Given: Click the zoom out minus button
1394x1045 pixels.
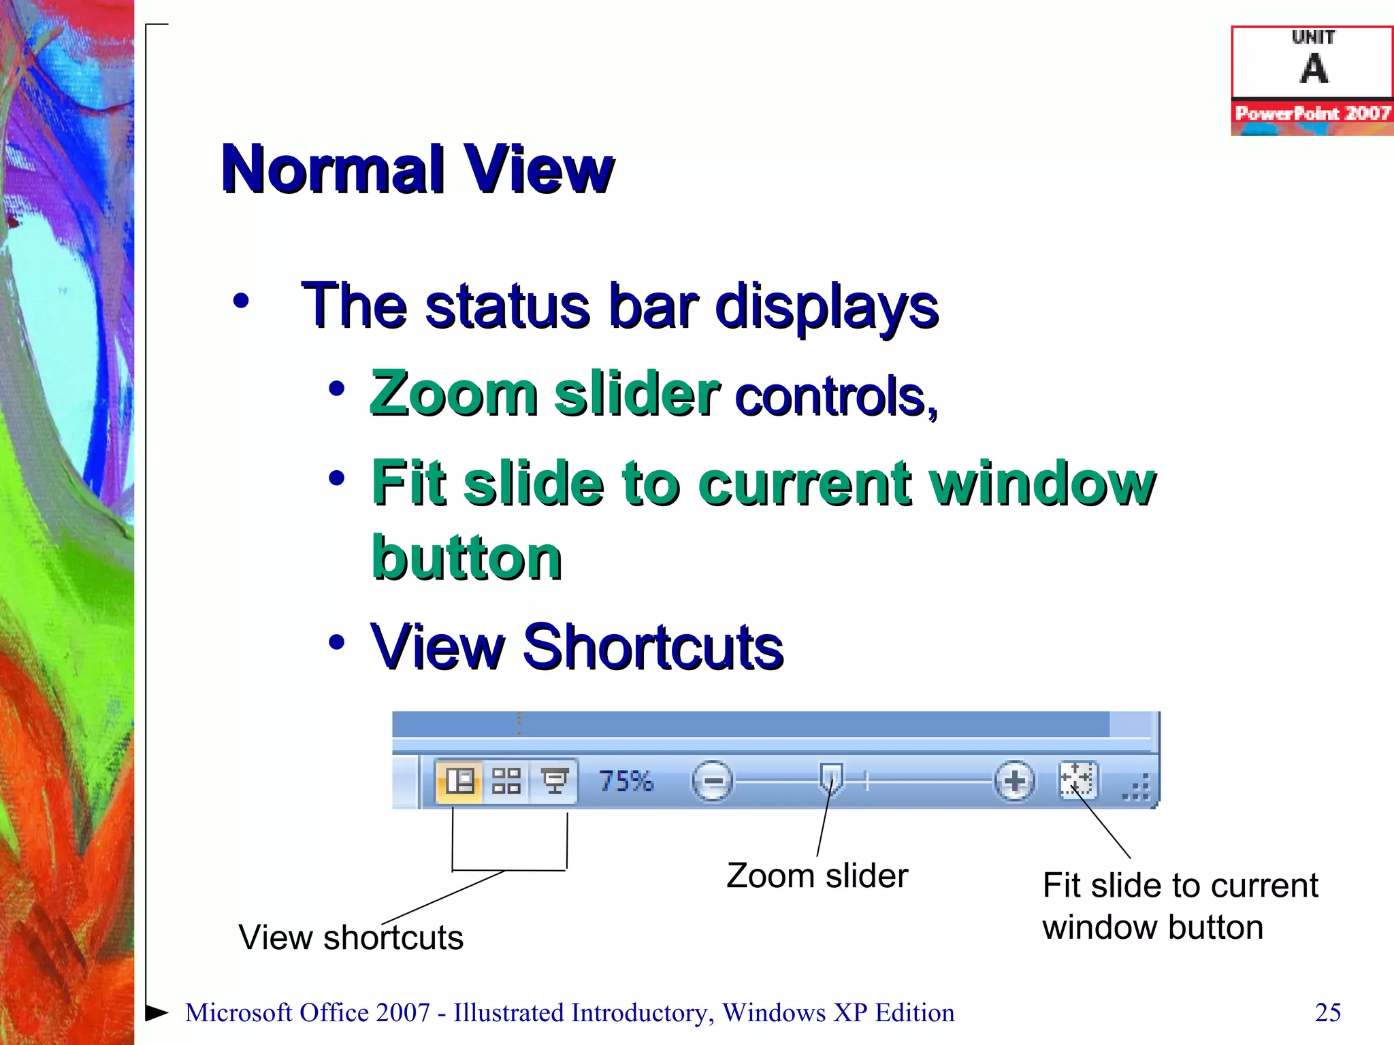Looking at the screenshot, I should pyautogui.click(x=712, y=781).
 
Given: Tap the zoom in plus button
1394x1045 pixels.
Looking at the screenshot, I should pyautogui.click(x=1014, y=781).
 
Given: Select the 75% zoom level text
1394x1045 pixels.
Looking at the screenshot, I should pyautogui.click(x=626, y=781).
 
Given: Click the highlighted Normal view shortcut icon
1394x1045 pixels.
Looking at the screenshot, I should pyautogui.click(x=459, y=781).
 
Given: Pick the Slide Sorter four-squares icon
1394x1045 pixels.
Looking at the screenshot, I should pyautogui.click(x=506, y=781).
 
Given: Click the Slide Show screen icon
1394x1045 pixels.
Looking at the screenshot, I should pyautogui.click(x=554, y=781).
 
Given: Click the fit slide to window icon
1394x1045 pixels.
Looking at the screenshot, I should pyautogui.click(x=1077, y=780).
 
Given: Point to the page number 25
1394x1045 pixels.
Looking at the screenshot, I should pyautogui.click(x=1327, y=1012).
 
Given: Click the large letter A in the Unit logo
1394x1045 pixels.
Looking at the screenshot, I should pyautogui.click(x=1314, y=69).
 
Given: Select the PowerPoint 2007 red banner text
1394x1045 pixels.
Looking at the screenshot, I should pyautogui.click(x=1312, y=113).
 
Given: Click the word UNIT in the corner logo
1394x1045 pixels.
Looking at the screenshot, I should pyautogui.click(x=1313, y=37).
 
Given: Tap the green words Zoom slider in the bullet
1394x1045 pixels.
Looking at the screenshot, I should pyautogui.click(x=545, y=395).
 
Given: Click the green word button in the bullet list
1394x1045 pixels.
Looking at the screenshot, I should pyautogui.click(x=467, y=558).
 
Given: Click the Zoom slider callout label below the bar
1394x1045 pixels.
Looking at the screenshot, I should pyautogui.click(x=817, y=876).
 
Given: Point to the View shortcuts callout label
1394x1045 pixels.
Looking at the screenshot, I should pyautogui.click(x=351, y=938).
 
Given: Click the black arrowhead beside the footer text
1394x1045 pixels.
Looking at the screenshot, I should pyautogui.click(x=157, y=1012).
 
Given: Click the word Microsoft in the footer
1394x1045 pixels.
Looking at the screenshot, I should pyautogui.click(x=238, y=1012).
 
